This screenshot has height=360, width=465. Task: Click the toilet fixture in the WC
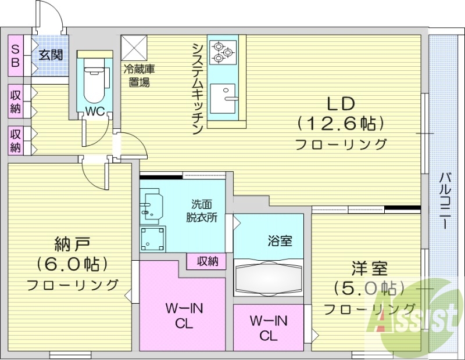[94, 81]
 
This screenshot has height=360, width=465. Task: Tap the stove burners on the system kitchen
[221, 51]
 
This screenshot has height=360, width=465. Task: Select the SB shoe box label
[16, 55]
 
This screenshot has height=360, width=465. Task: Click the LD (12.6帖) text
[341, 123]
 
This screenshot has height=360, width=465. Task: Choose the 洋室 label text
[368, 269]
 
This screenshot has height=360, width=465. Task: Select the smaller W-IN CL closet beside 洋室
[269, 327]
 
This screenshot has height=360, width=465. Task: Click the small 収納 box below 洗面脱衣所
[206, 261]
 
